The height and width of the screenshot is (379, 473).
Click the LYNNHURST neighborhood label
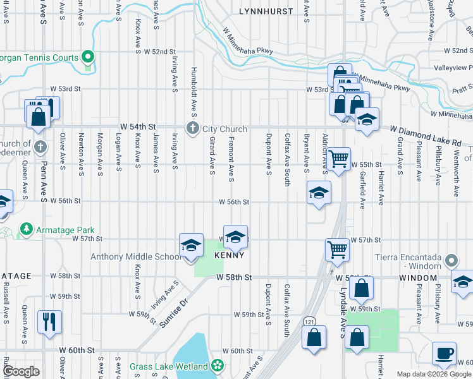(266, 11)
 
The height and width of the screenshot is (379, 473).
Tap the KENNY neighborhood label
(229, 255)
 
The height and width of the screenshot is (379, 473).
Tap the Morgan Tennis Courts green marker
(89, 57)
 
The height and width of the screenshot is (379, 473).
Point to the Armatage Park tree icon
(27, 228)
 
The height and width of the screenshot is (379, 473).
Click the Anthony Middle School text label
(135, 256)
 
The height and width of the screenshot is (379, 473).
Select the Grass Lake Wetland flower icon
(218, 366)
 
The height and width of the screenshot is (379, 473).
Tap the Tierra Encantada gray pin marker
(450, 260)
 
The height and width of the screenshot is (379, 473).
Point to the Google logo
(21, 371)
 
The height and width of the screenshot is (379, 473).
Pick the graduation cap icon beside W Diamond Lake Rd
(367, 119)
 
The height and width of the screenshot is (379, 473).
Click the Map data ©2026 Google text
(434, 374)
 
